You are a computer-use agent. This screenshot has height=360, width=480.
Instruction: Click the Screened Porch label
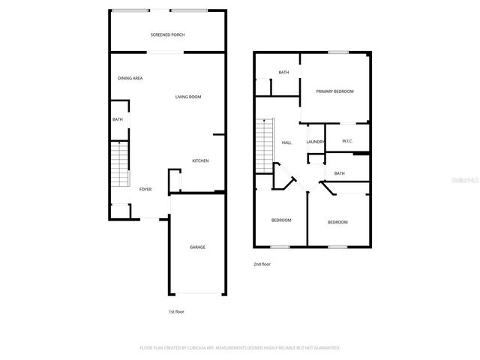167,34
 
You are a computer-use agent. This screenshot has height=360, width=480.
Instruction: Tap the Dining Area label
130,78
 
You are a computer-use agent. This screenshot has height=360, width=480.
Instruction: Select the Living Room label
188,97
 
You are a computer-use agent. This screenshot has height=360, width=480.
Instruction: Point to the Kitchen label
200,161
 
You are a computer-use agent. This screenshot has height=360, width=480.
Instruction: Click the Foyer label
145,189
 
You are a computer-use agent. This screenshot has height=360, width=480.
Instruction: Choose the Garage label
197,247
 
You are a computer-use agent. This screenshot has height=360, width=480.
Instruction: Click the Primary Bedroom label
334,91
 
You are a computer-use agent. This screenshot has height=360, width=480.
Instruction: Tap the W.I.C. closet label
347,141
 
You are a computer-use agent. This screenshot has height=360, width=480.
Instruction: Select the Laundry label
315,142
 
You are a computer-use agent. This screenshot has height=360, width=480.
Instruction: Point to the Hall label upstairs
286,142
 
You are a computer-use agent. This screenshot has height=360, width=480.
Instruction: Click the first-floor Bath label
118,119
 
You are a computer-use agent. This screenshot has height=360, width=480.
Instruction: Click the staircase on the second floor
265,145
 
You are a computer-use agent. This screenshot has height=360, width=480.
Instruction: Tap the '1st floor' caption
176,311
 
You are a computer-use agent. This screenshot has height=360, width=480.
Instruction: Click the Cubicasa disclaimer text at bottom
240,347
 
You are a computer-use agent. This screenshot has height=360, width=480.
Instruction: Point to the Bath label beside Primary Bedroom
283,72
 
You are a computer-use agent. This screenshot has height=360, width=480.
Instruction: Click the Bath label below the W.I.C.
340,173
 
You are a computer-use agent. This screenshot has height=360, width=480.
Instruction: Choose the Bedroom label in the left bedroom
281,220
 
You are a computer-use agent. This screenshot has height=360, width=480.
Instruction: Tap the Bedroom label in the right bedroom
337,222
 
